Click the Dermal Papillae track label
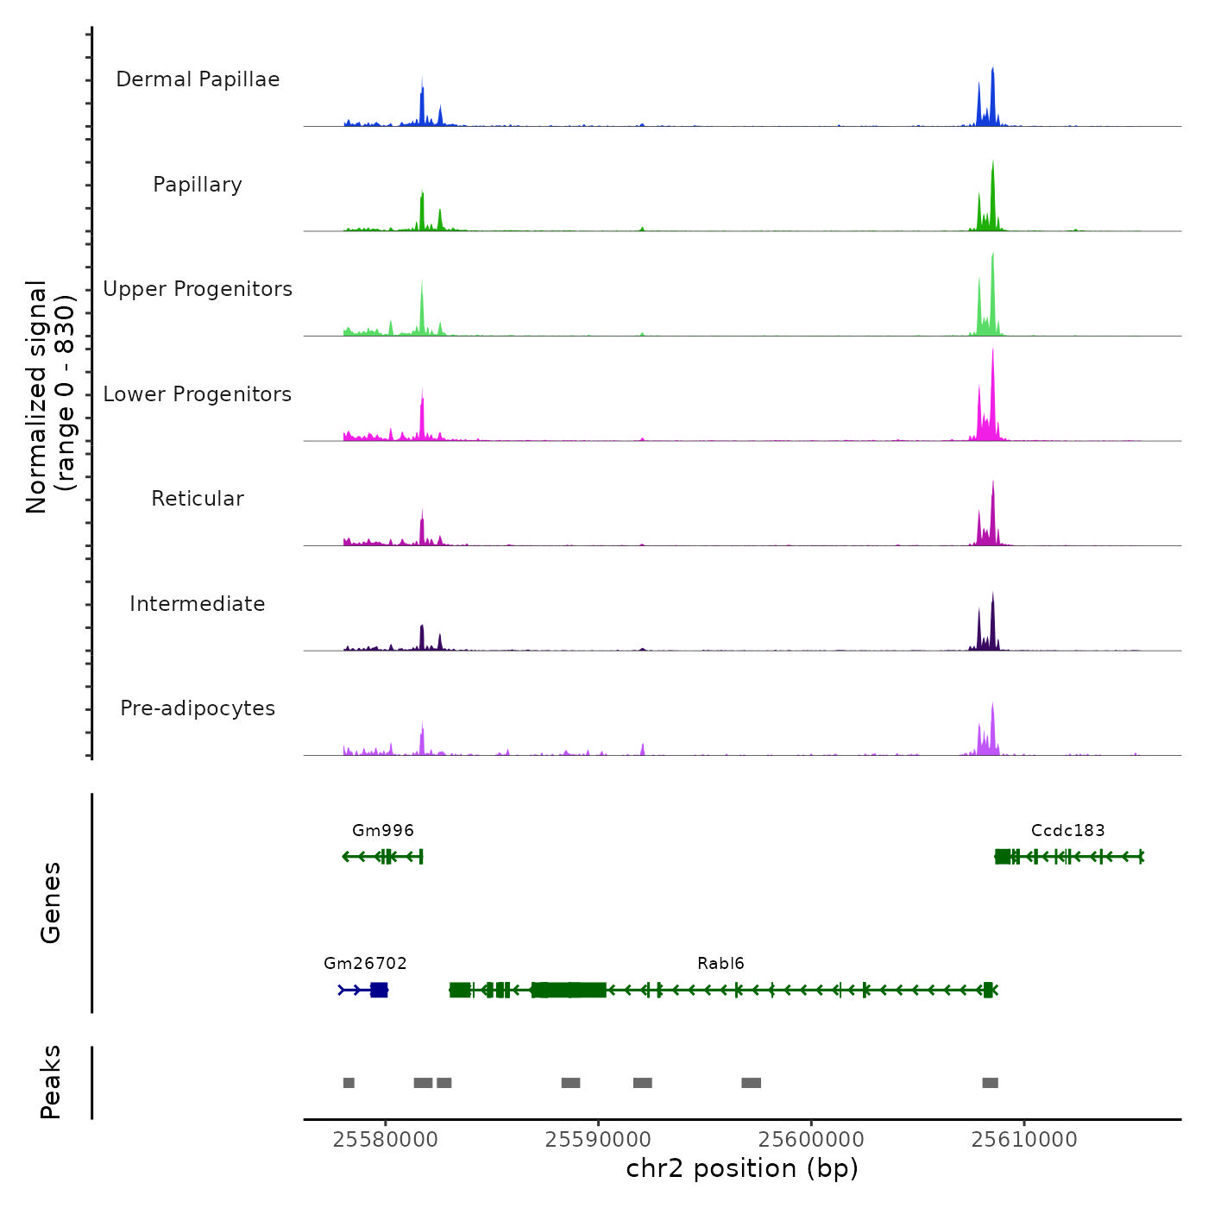pyautogui.click(x=198, y=79)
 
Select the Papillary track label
pyautogui.click(x=198, y=185)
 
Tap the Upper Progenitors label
pyautogui.click(x=198, y=289)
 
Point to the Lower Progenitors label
pyautogui.click(x=198, y=394)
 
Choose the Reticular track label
pyautogui.click(x=198, y=499)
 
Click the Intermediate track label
pyautogui.click(x=198, y=604)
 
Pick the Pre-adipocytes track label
pyautogui.click(x=198, y=708)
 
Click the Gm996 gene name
pyautogui.click(x=383, y=830)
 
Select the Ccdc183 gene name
pyautogui.click(x=1067, y=830)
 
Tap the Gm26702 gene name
pyautogui.click(x=365, y=963)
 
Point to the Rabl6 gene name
pyautogui.click(x=720, y=963)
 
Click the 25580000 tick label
pyautogui.click(x=385, y=1140)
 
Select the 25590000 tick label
pyautogui.click(x=598, y=1140)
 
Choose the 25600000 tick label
pyautogui.click(x=811, y=1140)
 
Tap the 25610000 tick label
pyautogui.click(x=1024, y=1140)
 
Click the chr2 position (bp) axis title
pyautogui.click(x=742, y=1169)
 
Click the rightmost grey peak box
pyautogui.click(x=990, y=1083)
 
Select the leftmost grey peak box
pyautogui.click(x=349, y=1083)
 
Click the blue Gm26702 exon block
pyautogui.click(x=379, y=990)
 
